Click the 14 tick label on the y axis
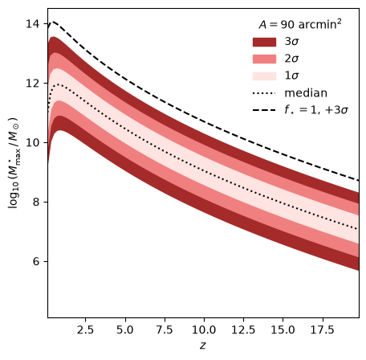(x=33, y=24)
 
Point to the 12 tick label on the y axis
(x=33, y=83)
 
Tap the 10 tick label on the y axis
(x=33, y=142)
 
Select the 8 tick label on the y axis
(x=36, y=202)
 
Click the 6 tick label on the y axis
(x=36, y=261)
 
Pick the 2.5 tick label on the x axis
(x=85, y=329)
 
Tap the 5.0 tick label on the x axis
(x=125, y=329)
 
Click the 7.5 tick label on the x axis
(x=165, y=329)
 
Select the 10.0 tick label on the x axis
(x=204, y=329)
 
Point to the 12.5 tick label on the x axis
(x=243, y=329)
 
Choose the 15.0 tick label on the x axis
(x=283, y=329)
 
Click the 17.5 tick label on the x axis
(x=323, y=329)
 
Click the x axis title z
(x=203, y=346)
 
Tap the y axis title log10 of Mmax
(x=13, y=163)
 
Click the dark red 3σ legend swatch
(x=264, y=42)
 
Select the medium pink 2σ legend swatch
(x=264, y=59)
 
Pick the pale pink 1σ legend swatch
(x=264, y=76)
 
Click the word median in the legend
(x=306, y=93)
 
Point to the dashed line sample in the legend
(x=264, y=110)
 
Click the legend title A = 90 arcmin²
(x=300, y=24)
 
